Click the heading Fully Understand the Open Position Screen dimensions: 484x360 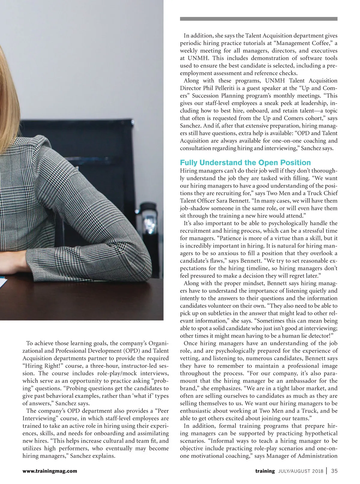point(245,163)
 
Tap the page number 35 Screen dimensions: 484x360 point(334,471)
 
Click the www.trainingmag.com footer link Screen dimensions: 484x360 point(49,471)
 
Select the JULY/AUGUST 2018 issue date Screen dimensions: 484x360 point(300,471)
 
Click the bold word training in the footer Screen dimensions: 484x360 point(265,471)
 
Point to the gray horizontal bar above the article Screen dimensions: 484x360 point(258,19)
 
